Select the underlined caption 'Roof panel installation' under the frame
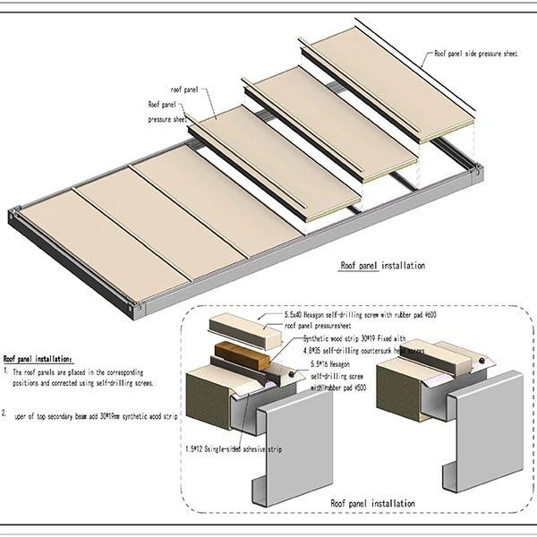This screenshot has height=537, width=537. coord(382,266)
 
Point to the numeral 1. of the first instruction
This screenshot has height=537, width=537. coord(6,370)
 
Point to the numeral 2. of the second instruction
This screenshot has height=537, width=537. coord(6,413)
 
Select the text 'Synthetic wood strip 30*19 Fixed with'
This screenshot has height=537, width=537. coord(352,339)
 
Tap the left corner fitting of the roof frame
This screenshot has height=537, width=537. coord(13,216)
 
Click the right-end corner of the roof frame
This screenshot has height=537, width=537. coord(478,167)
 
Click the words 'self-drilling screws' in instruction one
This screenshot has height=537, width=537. coord(122,382)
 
